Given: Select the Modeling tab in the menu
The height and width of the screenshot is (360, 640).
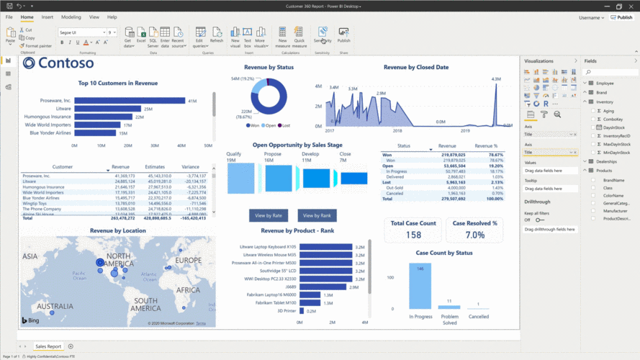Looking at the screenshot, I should click(x=71, y=17).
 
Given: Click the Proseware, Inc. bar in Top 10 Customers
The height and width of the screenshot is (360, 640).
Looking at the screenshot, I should click(x=130, y=101).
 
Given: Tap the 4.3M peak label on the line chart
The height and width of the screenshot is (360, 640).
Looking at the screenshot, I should click(x=495, y=79).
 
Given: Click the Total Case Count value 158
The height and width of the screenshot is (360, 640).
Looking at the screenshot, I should click(x=413, y=235).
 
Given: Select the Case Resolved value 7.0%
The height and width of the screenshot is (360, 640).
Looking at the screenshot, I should click(x=475, y=235).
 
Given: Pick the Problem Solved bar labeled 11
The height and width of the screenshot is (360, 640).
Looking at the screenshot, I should click(x=449, y=307).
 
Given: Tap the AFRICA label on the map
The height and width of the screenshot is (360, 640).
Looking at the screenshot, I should click(x=188, y=289).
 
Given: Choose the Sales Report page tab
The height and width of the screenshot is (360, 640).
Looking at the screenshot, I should click(x=49, y=346).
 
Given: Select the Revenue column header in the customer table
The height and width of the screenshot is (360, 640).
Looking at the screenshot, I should click(x=120, y=167).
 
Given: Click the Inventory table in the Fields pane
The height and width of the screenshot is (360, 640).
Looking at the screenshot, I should click(x=605, y=102).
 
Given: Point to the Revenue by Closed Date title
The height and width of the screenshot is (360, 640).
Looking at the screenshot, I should click(x=416, y=67).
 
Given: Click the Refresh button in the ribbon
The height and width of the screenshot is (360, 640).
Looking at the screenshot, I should click(x=217, y=35).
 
